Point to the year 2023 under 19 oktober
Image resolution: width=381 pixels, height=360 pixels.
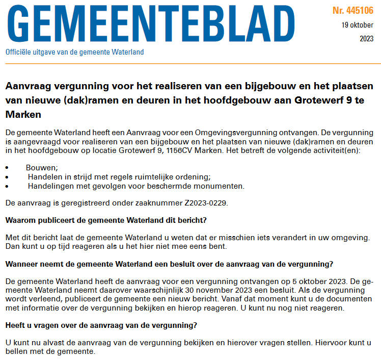tap(366, 38)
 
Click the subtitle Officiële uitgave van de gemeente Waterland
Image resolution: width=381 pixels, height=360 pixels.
tap(74, 52)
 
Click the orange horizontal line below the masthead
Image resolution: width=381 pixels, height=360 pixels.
tap(190, 63)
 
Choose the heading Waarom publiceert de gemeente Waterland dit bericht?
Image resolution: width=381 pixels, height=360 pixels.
tap(106, 220)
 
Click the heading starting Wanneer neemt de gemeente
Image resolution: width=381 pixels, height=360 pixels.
tap(169, 264)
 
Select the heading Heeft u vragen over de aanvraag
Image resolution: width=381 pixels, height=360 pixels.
tap(101, 325)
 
